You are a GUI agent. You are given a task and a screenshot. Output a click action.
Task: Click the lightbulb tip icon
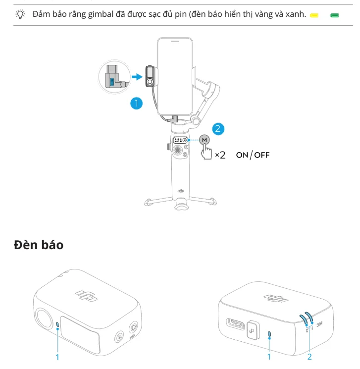(x=20, y=14)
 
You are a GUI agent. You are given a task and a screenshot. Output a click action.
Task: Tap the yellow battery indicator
(x=314, y=15)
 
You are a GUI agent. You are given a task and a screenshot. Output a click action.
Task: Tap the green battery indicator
(x=334, y=15)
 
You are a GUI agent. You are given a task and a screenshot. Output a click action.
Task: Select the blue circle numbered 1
(x=137, y=104)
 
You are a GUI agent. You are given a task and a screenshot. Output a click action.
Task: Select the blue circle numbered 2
(x=218, y=129)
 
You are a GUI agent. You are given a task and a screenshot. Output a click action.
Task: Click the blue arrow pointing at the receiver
(x=137, y=77)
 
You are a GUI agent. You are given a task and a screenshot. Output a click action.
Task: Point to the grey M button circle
(x=204, y=140)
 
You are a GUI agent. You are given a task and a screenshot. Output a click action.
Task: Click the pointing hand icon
(x=206, y=152)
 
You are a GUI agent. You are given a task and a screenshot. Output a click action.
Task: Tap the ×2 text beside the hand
(x=220, y=155)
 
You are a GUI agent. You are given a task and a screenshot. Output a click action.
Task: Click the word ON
(x=242, y=155)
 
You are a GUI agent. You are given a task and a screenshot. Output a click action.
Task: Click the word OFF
(x=262, y=155)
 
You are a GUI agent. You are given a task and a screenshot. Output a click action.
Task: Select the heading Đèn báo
(x=39, y=245)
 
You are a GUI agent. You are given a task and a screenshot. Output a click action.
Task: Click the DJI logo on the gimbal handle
(x=181, y=191)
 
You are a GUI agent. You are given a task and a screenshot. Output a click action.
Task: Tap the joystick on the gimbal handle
(x=177, y=150)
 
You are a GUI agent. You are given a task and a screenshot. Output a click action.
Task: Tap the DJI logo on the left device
(x=86, y=296)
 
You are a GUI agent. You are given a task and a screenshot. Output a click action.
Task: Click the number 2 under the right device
(x=309, y=357)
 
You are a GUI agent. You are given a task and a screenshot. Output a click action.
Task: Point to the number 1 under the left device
(x=57, y=357)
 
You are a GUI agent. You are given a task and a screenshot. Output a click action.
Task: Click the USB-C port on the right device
(x=236, y=324)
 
